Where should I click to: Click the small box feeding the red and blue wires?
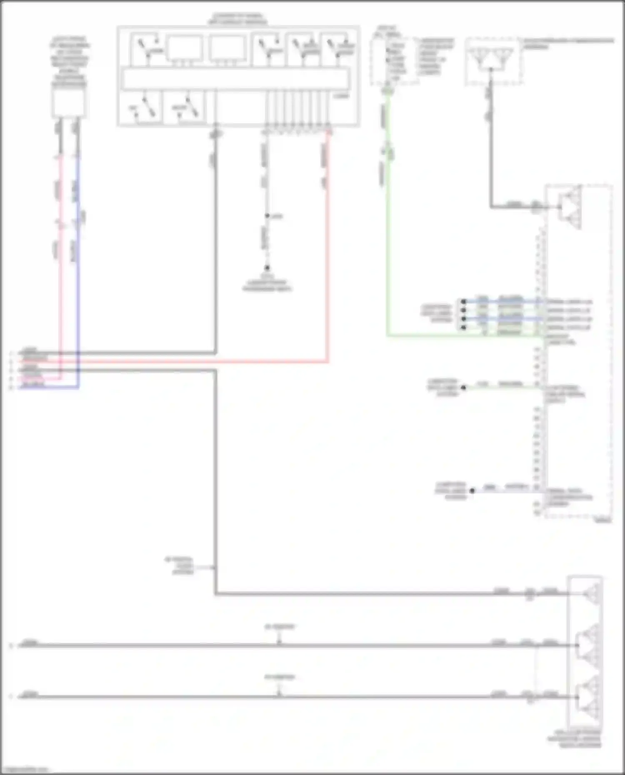tap(69, 102)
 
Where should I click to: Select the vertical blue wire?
tap(78, 271)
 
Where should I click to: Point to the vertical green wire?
tap(388, 233)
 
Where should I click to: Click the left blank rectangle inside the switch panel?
tap(185, 49)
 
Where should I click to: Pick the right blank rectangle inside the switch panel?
tap(227, 49)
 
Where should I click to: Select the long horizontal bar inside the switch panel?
tap(235, 79)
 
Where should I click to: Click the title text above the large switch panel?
tap(237, 19)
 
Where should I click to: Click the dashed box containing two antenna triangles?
tap(494, 61)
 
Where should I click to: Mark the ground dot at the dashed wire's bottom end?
tap(267, 268)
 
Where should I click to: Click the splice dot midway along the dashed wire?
tap(267, 216)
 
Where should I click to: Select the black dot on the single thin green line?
tap(463, 387)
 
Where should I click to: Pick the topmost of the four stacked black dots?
tap(463, 302)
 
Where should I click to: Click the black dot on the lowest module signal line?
tap(472, 491)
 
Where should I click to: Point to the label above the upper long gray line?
tap(280, 627)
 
